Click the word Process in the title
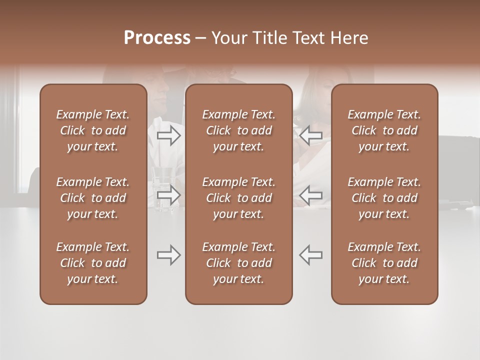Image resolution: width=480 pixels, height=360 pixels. pos(157,38)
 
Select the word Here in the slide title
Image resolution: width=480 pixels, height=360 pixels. pos(349,38)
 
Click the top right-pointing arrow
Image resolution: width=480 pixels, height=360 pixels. pos(169,135)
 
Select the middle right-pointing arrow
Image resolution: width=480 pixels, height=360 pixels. pos(169,195)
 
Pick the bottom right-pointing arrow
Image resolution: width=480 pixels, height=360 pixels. pos(169,255)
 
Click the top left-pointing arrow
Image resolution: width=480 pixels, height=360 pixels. pos(311,135)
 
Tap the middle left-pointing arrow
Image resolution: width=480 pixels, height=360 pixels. pos(311,195)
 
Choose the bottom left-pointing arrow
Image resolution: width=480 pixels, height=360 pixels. pos(311,255)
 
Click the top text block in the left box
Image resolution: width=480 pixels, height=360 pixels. pos(93,130)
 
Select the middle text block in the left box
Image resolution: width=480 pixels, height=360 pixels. pos(93,198)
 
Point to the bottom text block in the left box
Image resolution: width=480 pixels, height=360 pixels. pos(93,263)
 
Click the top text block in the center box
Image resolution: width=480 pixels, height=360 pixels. pos(238,130)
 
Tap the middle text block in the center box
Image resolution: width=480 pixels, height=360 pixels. pos(238,198)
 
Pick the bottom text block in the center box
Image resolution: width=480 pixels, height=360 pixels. pos(238,263)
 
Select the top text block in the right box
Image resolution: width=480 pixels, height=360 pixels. pos(384,130)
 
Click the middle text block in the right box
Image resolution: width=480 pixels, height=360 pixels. pos(384,198)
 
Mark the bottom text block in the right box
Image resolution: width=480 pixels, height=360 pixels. pos(384,263)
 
